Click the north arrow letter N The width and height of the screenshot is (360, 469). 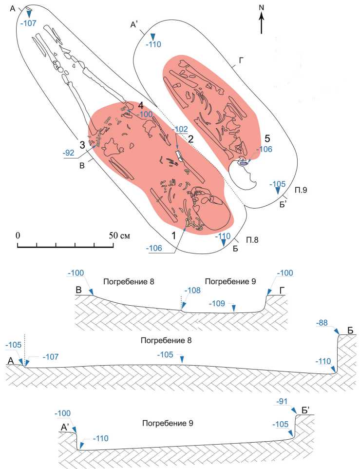coord(262,7)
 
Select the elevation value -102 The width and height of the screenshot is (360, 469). coord(180,130)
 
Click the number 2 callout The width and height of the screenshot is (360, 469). coord(191,138)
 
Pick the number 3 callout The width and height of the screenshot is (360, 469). coord(82,145)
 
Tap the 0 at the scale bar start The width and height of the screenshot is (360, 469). coord(18,234)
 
